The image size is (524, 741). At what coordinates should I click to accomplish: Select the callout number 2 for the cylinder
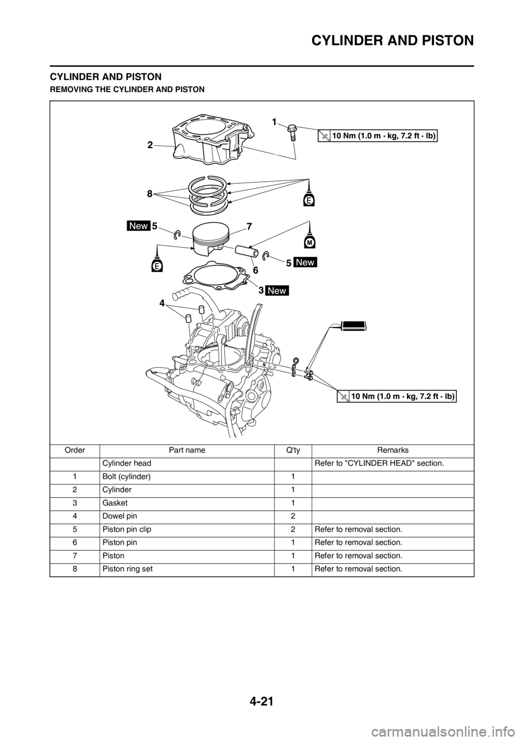tap(149, 145)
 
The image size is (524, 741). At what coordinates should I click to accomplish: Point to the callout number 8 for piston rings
tap(150, 193)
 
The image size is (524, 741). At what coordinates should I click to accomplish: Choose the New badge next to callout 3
tap(277, 290)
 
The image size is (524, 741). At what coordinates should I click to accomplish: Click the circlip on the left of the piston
tap(177, 235)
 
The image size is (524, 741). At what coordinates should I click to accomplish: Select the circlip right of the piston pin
tap(266, 256)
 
